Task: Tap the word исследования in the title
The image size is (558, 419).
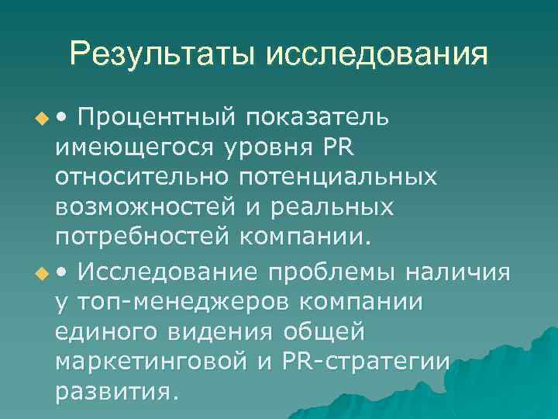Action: [x=378, y=55]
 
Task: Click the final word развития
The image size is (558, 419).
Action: [x=117, y=392]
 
